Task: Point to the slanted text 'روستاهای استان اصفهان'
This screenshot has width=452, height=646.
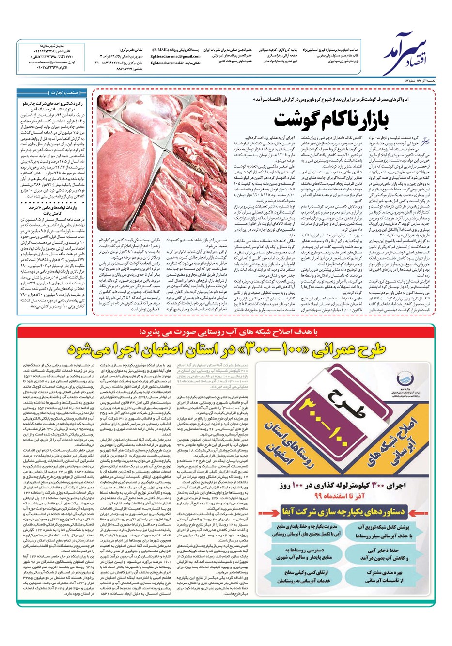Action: pyautogui.click(x=312, y=448)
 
